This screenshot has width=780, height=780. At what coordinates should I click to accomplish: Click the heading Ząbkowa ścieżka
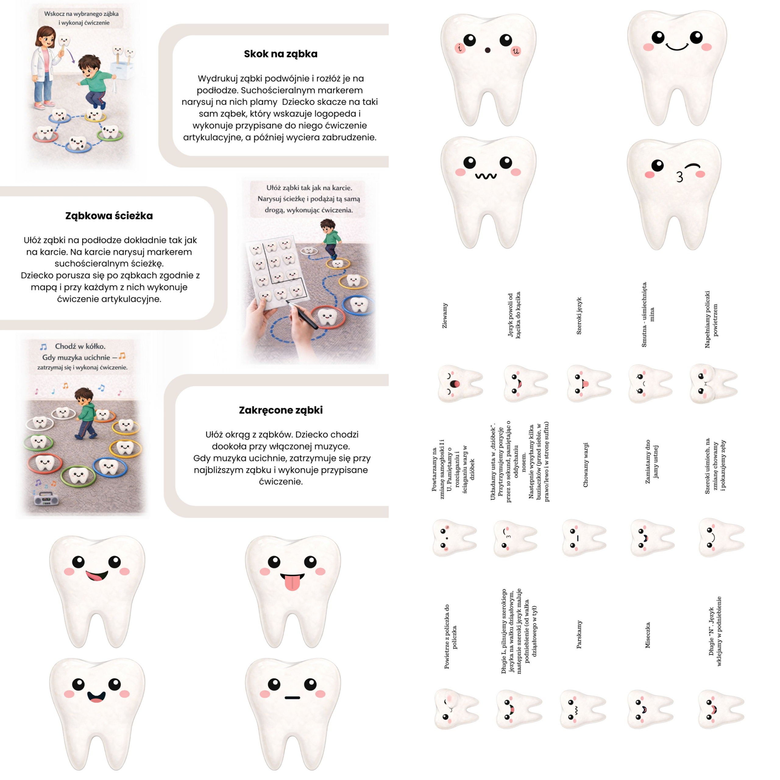coord(109,216)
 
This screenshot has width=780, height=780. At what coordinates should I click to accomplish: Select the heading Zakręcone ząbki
coord(281,410)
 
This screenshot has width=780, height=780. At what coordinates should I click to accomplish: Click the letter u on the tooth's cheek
coord(516,51)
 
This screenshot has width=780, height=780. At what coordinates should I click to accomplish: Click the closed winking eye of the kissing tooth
coord(693,165)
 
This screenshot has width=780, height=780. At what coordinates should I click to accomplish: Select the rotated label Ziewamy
coord(445,315)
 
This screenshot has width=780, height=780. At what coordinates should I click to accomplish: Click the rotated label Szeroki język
coord(579,316)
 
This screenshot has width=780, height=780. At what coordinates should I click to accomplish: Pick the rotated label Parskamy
coord(579,634)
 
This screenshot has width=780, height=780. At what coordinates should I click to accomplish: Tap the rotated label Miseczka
coord(647,635)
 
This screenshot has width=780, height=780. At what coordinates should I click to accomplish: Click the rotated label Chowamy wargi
coord(585,465)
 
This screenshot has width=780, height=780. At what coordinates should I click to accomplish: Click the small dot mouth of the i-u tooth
coord(487,50)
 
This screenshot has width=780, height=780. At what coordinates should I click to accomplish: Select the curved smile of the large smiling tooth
coord(677,46)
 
